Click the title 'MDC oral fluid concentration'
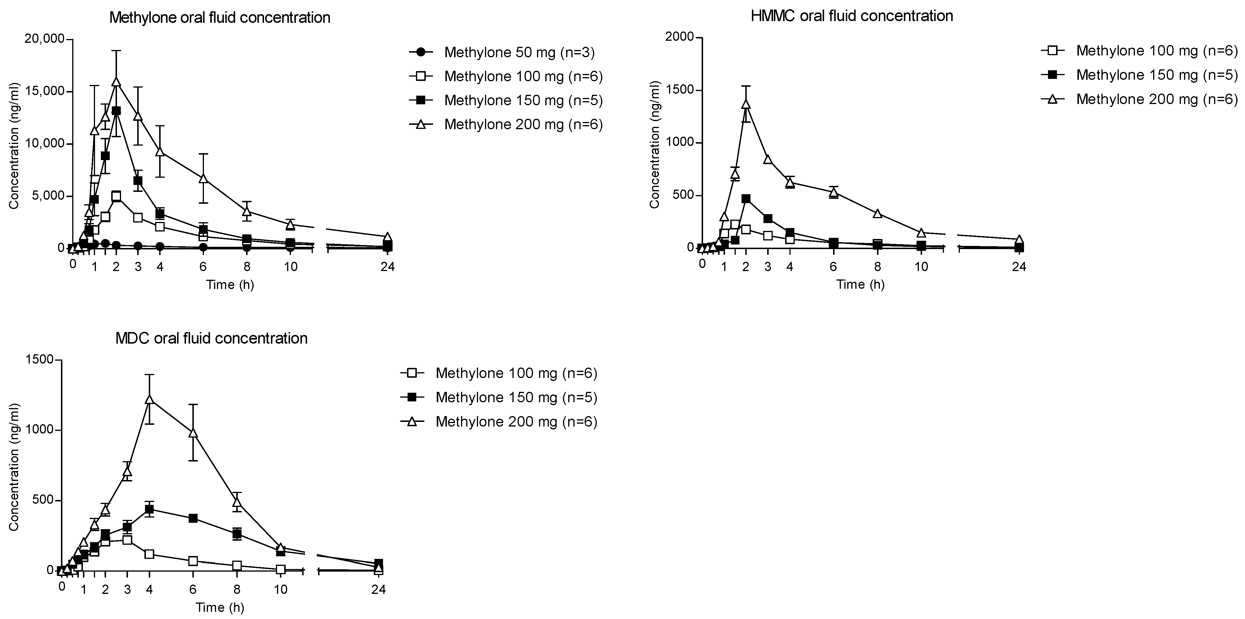[211, 338]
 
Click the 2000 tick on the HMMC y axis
[679, 37]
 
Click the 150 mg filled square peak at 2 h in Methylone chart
[116, 111]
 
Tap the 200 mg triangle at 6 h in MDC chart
[193, 433]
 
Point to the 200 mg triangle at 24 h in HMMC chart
[1019, 240]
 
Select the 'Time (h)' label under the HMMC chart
[860, 284]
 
